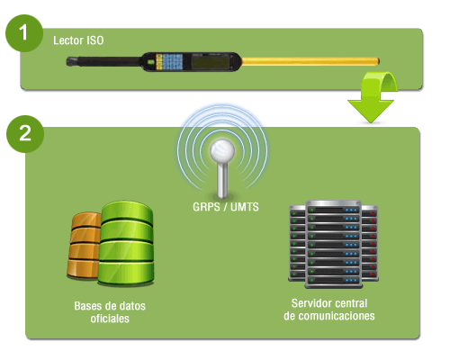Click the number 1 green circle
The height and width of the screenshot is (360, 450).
[24, 33]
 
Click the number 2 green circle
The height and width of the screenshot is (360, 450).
[25, 134]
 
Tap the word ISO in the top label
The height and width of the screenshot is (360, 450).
[95, 40]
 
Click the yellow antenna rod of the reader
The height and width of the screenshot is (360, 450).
[310, 61]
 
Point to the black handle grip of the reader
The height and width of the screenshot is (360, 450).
[103, 61]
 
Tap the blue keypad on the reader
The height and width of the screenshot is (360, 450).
[173, 61]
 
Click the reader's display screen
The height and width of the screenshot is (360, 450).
[210, 62]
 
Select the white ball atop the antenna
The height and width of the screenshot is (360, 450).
[222, 150]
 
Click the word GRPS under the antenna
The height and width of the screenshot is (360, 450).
[206, 207]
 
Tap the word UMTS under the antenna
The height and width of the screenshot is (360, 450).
[245, 207]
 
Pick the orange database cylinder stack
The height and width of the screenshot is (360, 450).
[84, 246]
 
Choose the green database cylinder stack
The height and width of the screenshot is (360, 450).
[126, 243]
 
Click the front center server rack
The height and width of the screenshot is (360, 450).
[333, 244]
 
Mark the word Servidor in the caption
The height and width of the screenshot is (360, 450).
[310, 303]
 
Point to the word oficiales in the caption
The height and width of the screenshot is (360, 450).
[110, 319]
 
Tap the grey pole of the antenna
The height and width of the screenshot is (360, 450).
[222, 180]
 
